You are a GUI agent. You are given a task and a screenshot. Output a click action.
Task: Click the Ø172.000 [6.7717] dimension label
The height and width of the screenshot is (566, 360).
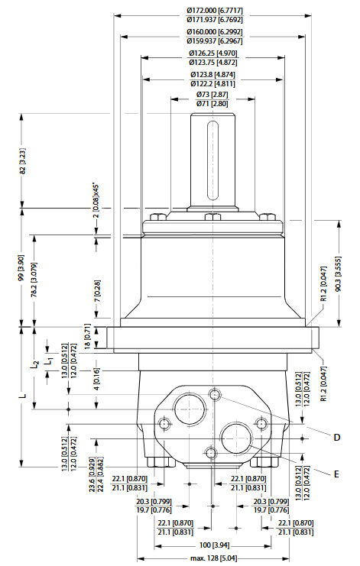click(210, 9)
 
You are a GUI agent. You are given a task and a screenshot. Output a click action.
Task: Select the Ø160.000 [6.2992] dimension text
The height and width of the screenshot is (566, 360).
click(210, 31)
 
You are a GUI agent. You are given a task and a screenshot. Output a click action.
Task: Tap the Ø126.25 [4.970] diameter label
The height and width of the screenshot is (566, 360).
click(210, 53)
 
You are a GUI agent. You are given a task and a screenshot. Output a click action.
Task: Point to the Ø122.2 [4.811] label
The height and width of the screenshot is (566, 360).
click(210, 82)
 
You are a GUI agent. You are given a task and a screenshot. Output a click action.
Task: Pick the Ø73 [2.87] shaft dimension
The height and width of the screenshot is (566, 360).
click(210, 93)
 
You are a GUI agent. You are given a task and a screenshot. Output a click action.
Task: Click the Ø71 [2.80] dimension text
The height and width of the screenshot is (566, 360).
click(210, 102)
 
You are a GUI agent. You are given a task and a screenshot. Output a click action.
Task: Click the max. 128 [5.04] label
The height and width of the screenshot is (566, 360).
click(210, 558)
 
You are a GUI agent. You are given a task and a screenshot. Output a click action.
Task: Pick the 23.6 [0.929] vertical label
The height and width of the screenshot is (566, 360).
click(92, 475)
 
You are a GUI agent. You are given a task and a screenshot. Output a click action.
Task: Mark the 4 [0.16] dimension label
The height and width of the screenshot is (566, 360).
click(97, 376)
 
